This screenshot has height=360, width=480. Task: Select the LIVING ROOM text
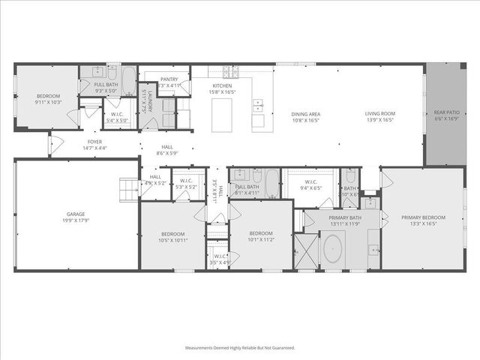click(x=380, y=114)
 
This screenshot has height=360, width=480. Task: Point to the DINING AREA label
click(x=305, y=114)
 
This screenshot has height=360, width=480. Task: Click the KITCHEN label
click(x=222, y=85)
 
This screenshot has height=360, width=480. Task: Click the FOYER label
click(x=94, y=142)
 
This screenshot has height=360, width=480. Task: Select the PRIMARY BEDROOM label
click(x=428, y=217)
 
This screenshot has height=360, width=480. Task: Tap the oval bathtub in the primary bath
click(x=333, y=250)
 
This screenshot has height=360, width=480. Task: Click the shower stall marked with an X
click(x=306, y=251)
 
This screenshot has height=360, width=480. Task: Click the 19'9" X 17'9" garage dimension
click(x=76, y=220)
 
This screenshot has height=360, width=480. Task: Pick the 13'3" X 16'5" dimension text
click(x=428, y=223)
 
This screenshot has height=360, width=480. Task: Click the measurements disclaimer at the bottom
click(x=240, y=347)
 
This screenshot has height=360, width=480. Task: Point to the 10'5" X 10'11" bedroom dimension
click(x=172, y=240)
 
